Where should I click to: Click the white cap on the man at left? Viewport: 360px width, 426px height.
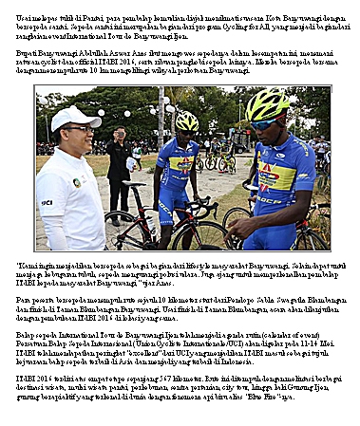tap(75, 118)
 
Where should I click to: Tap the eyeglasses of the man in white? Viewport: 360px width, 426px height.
tap(79, 128)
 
